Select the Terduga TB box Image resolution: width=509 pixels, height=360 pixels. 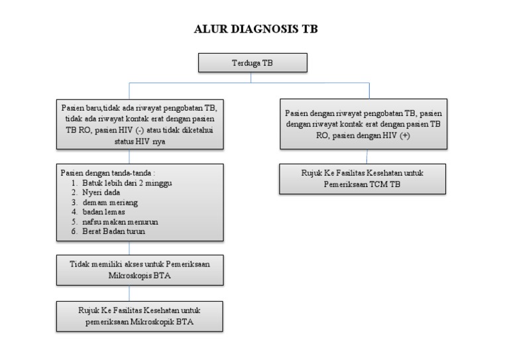pyautogui.click(x=253, y=62)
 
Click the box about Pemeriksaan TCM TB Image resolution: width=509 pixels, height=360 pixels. pyautogui.click(x=363, y=178)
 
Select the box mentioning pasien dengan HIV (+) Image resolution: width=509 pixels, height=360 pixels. pyautogui.click(x=363, y=124)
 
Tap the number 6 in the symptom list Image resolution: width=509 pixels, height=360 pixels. pyautogui.click(x=75, y=231)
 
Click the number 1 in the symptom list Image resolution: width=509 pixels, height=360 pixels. pyautogui.click(x=75, y=182)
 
